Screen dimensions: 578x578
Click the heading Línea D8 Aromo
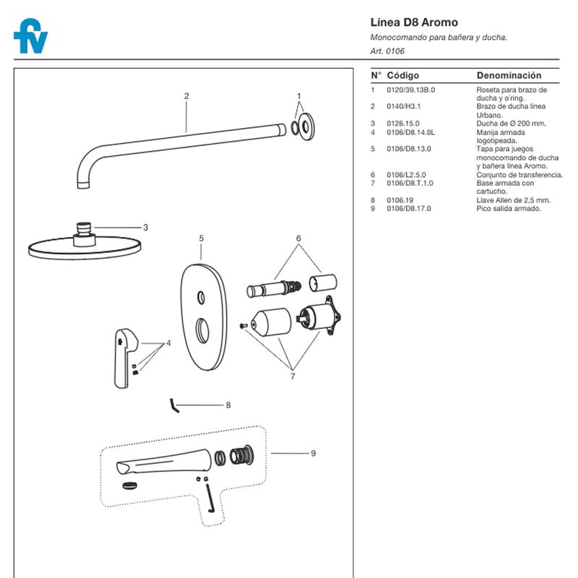tap(404, 22)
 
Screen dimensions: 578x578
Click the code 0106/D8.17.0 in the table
tap(409, 208)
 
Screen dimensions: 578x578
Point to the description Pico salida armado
tap(509, 208)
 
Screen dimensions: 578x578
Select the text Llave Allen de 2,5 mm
tap(514, 200)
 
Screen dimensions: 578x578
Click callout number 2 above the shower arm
tap(186, 96)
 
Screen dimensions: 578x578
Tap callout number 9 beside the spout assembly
tap(313, 454)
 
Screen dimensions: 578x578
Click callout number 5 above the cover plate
tap(201, 238)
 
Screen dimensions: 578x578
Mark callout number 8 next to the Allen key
tap(228, 405)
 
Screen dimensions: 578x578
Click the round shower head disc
tap(87, 248)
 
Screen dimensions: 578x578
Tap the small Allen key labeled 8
tap(173, 405)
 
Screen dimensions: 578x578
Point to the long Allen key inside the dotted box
tap(210, 498)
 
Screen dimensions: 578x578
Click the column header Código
tap(402, 75)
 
